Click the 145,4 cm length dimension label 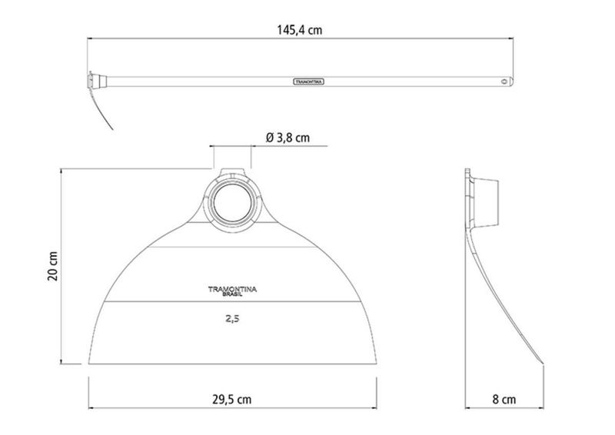tap(300, 30)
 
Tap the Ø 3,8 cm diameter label tap(288, 138)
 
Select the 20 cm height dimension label tap(53, 266)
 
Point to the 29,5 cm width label tap(232, 400)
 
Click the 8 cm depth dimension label tap(504, 400)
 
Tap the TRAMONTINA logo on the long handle tap(309, 81)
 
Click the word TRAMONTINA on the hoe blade tap(232, 289)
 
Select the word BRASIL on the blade tap(232, 294)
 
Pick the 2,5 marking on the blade tap(232, 319)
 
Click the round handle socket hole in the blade tap(232, 202)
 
